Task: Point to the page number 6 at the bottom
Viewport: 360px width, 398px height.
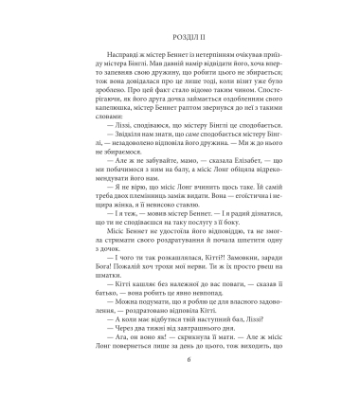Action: pos(180,375)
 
